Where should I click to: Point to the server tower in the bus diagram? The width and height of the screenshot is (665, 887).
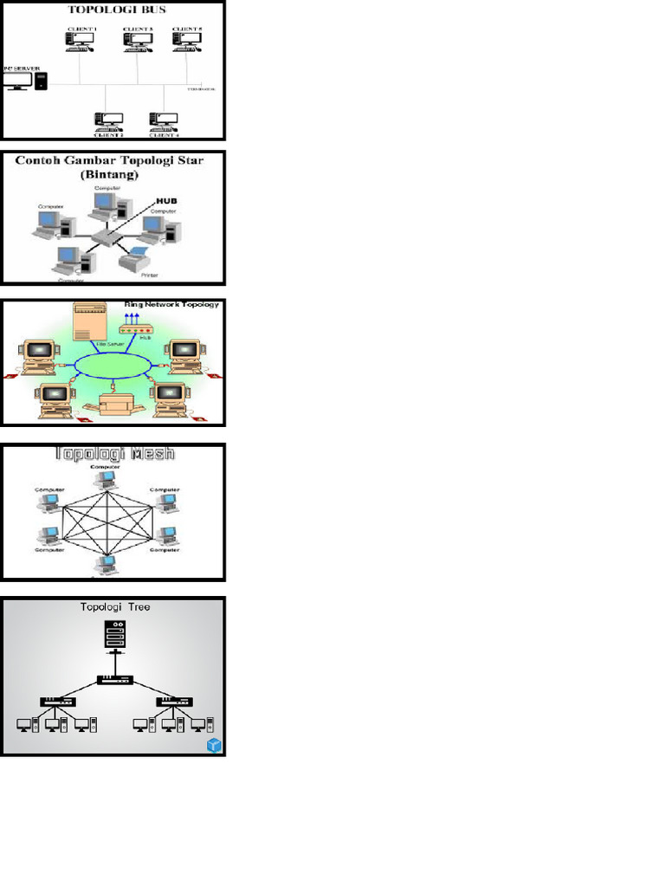coord(41,81)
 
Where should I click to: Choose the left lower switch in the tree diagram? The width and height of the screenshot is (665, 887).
coord(56,701)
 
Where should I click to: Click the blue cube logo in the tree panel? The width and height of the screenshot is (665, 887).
coord(214,745)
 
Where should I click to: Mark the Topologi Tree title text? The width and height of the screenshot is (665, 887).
coord(114,607)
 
